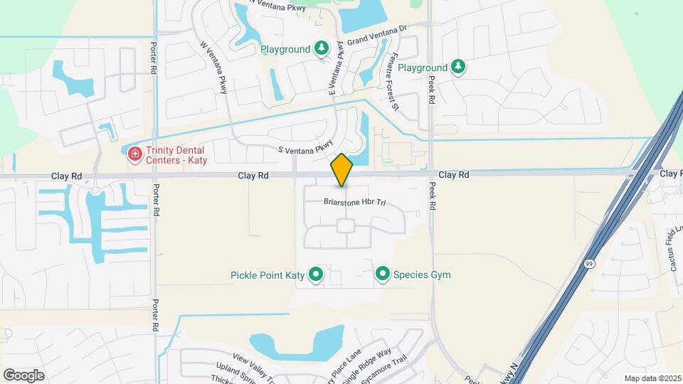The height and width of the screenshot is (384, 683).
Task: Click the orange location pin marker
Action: (342, 170)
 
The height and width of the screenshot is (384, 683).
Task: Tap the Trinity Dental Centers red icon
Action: (133, 154)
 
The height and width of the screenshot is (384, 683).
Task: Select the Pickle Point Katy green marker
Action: (315, 274)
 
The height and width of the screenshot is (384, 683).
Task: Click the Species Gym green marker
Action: (383, 274)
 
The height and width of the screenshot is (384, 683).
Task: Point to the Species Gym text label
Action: (422, 275)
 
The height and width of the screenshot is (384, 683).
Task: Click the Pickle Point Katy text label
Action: (268, 275)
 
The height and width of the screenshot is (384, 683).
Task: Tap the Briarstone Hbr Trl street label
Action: (354, 203)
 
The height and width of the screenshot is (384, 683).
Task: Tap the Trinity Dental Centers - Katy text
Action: (175, 154)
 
